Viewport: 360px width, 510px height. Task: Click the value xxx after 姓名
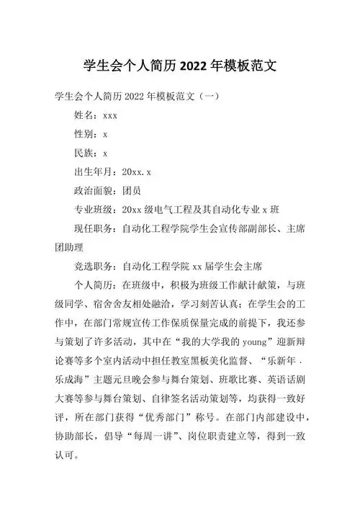(x=110, y=115)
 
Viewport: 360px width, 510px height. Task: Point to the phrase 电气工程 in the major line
(x=177, y=210)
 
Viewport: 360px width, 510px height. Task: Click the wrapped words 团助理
(x=71, y=247)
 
